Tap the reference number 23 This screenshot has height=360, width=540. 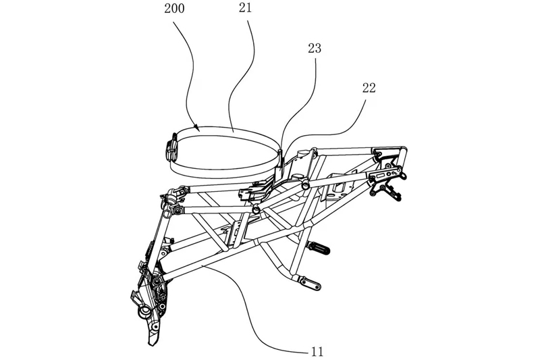(314, 49)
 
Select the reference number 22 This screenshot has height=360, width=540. (369, 88)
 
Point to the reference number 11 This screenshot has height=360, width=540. (317, 351)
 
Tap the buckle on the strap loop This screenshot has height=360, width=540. (171, 148)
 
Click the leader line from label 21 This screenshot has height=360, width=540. (240, 74)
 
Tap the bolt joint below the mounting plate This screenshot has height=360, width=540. (256, 211)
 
